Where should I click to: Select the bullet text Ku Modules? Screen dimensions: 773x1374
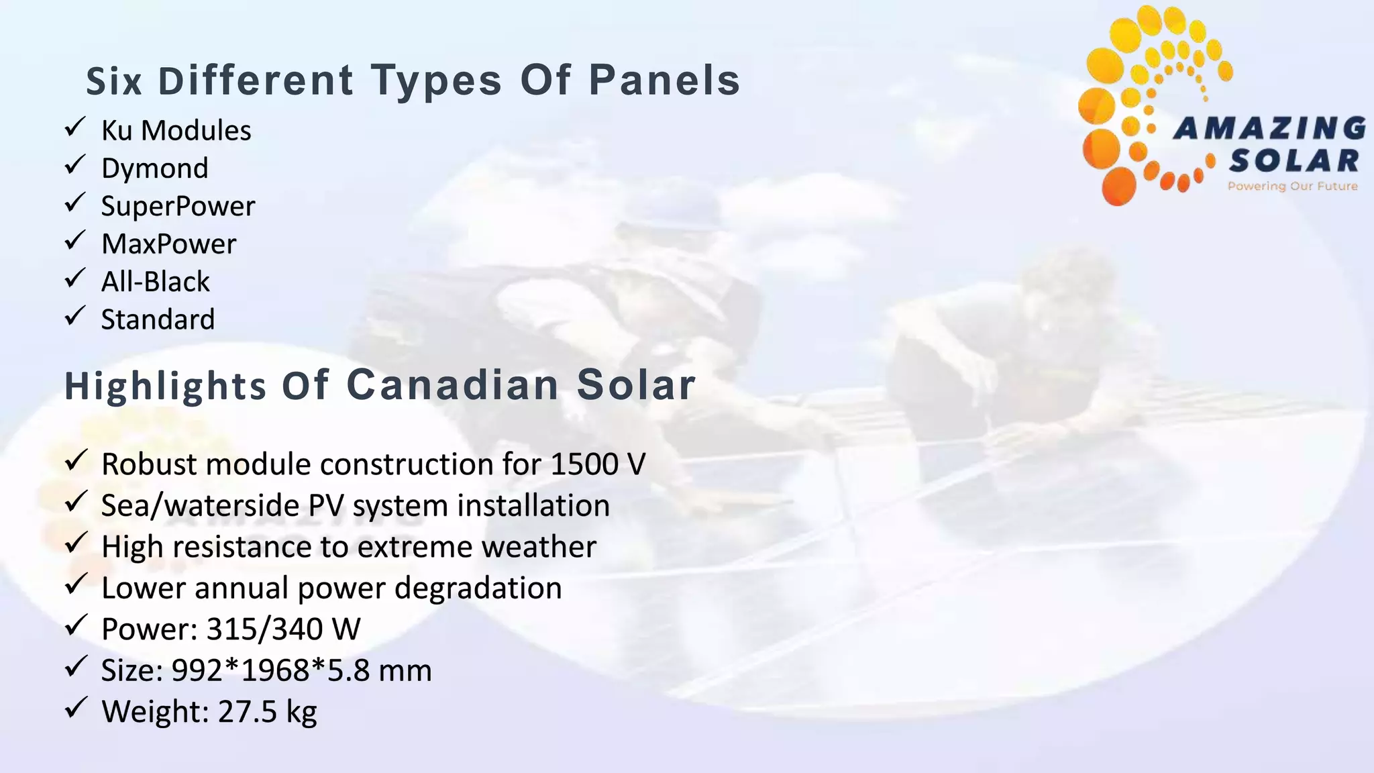coord(176,130)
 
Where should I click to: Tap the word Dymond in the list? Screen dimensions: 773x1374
coord(155,168)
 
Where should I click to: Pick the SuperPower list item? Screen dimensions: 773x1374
coord(178,206)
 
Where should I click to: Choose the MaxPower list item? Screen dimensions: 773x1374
coord(168,244)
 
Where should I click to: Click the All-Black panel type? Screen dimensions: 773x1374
coord(155,282)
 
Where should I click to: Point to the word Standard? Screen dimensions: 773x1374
coord(158,319)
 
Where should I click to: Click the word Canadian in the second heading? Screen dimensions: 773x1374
coord(453,385)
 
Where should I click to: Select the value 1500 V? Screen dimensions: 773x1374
coord(598,464)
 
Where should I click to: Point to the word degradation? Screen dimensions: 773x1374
coord(478,588)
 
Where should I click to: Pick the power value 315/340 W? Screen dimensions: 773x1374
coord(283,629)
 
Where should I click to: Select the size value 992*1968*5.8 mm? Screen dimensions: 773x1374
coord(301,670)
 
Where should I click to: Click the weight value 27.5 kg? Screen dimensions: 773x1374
coord(267,712)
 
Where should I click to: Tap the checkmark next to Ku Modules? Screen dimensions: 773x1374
coord(74,126)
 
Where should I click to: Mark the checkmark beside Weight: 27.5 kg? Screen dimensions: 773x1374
coord(74,707)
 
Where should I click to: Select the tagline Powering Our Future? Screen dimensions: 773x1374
coord(1292,186)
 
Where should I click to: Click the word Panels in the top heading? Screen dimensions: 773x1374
coord(664,81)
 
